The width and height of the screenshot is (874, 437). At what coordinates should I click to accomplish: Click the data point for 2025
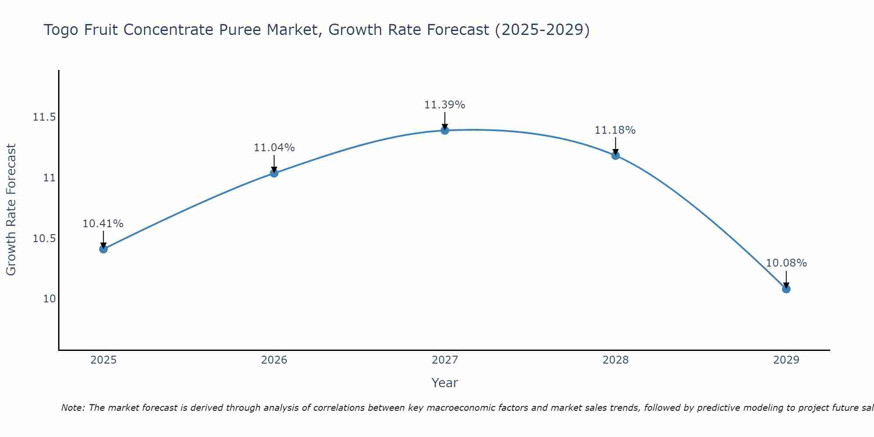(103, 249)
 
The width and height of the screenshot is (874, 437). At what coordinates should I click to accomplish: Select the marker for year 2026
(274, 173)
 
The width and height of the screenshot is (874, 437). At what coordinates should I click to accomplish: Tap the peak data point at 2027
(445, 130)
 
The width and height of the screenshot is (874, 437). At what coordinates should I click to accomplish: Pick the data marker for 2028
(615, 156)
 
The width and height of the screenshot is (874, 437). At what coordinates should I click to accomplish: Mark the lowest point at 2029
(786, 289)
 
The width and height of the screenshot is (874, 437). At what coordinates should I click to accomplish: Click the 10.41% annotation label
(103, 224)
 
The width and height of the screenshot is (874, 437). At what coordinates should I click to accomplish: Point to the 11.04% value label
(274, 148)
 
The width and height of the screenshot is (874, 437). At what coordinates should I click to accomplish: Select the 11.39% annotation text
(445, 105)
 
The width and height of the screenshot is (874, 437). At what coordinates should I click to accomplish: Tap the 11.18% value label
(615, 130)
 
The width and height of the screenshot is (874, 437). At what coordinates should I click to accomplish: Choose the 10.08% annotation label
(786, 263)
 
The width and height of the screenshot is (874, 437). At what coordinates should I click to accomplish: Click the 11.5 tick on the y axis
(44, 117)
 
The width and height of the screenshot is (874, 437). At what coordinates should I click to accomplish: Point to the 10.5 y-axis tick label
(44, 239)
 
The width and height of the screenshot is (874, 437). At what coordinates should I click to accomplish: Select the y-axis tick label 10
(49, 299)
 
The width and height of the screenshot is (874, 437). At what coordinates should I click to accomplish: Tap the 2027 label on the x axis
(445, 360)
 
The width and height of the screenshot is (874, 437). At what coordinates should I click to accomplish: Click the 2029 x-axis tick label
(786, 360)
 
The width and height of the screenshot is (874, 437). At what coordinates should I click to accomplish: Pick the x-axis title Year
(445, 383)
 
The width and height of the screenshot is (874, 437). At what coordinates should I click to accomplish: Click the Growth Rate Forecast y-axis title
(11, 210)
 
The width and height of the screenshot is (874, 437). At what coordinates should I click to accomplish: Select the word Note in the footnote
(73, 408)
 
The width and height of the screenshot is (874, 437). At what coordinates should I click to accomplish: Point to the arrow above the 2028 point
(615, 146)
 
